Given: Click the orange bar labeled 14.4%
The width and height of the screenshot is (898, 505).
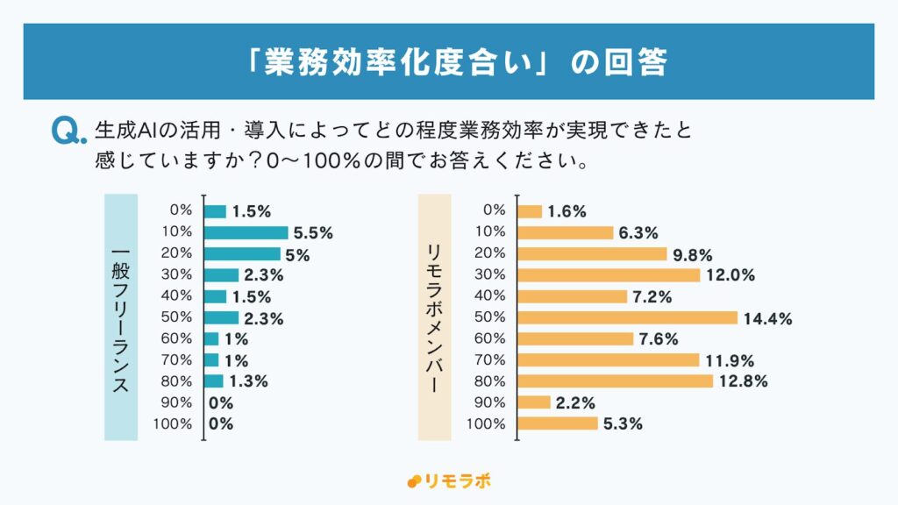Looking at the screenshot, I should [628, 317].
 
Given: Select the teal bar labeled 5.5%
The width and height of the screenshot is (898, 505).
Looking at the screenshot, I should [246, 232].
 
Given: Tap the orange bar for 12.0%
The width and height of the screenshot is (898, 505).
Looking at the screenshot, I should [609, 275].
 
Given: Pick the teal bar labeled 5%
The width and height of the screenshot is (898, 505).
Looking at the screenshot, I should [242, 254].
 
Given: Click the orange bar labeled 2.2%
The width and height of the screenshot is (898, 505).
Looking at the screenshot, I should [535, 402].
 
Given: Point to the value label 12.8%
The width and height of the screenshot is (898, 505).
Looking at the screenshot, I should [744, 381].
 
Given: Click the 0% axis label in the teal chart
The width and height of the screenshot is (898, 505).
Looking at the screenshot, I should [181, 210].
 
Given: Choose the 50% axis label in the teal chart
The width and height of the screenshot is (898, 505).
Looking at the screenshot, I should [177, 317].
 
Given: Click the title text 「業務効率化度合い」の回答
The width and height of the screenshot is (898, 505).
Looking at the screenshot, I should [449, 62].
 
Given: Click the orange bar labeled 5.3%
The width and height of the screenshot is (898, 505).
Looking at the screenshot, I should [559, 424].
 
